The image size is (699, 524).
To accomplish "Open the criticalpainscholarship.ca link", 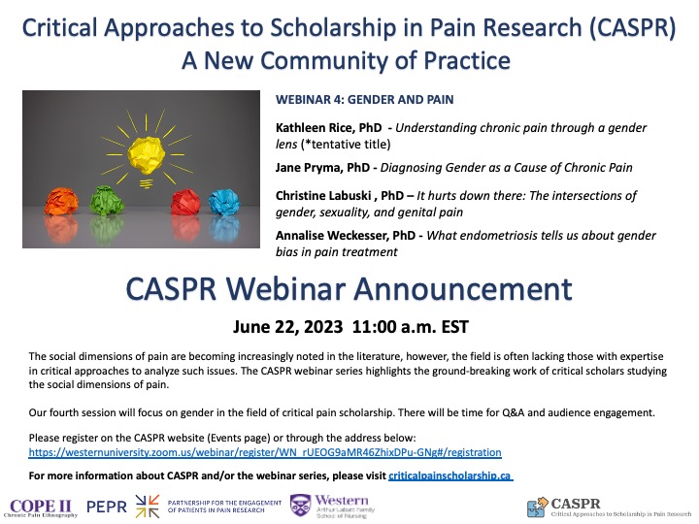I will (449, 476).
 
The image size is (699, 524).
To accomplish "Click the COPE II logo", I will (41, 507).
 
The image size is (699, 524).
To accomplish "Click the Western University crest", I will (300, 507).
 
